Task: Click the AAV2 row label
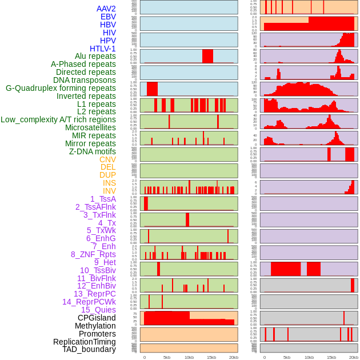pyautogui.click(x=106, y=9)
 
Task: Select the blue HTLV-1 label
pyautogui.click(x=103, y=49)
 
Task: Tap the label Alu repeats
pyautogui.click(x=91, y=57)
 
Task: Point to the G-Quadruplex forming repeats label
pyautogui.click(x=61, y=89)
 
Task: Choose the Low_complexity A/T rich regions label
pyautogui.click(x=58, y=119)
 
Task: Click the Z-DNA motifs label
pyautogui.click(x=93, y=151)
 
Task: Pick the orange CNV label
pyautogui.click(x=107, y=159)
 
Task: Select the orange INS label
pyautogui.click(x=109, y=183)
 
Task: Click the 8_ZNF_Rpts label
pyautogui.click(x=93, y=254)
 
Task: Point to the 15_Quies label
pyautogui.click(x=98, y=310)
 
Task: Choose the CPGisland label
pyautogui.click(x=97, y=318)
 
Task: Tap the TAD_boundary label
pyautogui.click(x=89, y=349)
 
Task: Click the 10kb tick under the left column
pyautogui.click(x=189, y=357)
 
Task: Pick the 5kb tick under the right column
pyautogui.click(x=287, y=357)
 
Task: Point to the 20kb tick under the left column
pyautogui.click(x=234, y=357)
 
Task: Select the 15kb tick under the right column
pyautogui.click(x=331, y=357)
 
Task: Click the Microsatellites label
pyautogui.click(x=90, y=127)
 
